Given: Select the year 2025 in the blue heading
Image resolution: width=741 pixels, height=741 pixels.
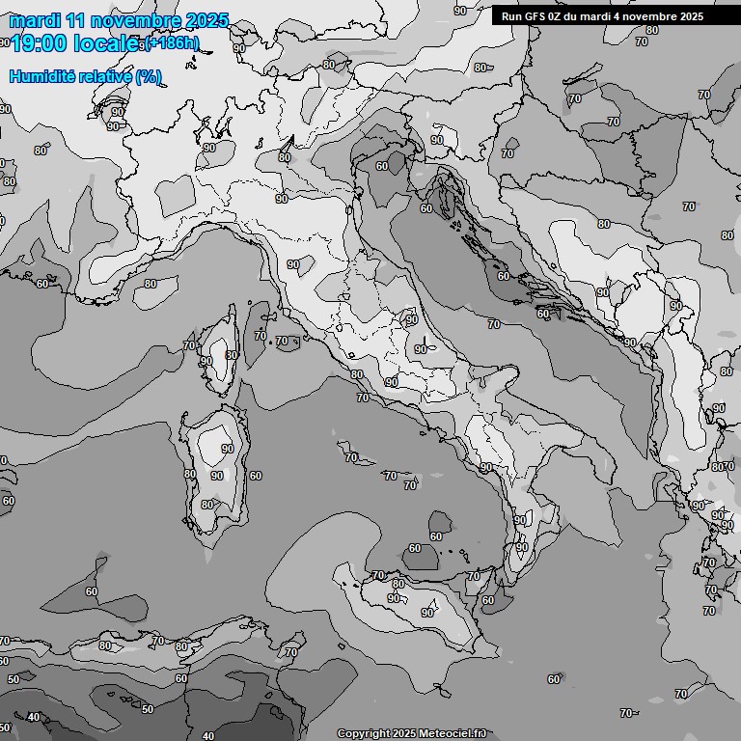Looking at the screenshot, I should coord(207,20).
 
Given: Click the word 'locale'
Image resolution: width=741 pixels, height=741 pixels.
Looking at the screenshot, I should coord(109,42).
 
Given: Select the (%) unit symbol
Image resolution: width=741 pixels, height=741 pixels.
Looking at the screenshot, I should coord(149,76).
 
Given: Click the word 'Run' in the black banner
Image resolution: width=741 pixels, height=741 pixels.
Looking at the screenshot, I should coord(511,16).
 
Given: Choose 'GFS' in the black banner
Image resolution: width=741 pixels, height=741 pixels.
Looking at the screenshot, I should coord(536,16).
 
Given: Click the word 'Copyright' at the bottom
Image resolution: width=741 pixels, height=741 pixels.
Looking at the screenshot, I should coord(364,734).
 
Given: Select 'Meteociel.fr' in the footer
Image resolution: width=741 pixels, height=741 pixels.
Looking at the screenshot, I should coord(453,734).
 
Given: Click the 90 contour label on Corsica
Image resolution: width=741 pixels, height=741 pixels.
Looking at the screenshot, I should coord(206,361).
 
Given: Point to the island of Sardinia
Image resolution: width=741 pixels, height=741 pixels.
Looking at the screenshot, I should coord(214,473).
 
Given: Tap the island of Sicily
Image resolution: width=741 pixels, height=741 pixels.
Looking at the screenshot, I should coord(415,603).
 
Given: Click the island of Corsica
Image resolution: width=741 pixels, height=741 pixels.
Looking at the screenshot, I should coord(220,352).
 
